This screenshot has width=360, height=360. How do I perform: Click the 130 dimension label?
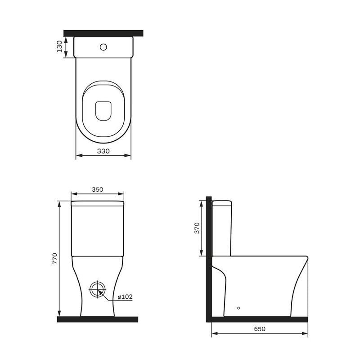[59, 47]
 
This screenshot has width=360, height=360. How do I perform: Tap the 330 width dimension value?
[103, 151]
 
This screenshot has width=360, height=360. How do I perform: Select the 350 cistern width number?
[98, 189]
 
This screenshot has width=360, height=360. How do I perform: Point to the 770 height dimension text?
[55, 258]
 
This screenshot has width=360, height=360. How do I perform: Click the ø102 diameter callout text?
[125, 297]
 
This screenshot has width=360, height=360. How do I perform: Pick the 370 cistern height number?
[197, 228]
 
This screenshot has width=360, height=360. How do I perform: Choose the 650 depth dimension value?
[260, 329]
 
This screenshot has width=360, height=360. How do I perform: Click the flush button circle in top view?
[103, 47]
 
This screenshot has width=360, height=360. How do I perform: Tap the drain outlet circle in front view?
[98, 289]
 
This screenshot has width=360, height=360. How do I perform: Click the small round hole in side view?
[238, 308]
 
